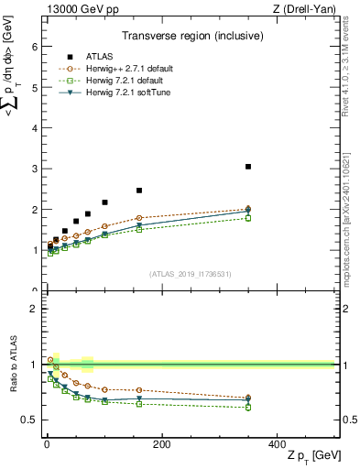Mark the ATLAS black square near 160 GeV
pyautogui.click(x=139, y=191)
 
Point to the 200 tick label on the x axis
pyautogui.click(x=161, y=444)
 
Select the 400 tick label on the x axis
pyautogui.click(x=277, y=444)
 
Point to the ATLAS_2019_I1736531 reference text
pyautogui.click(x=191, y=274)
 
